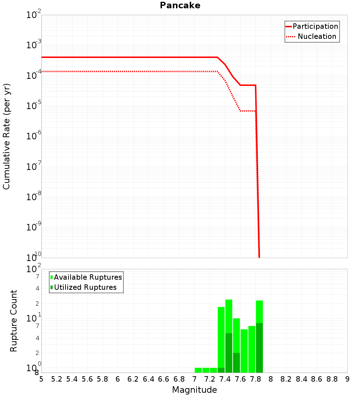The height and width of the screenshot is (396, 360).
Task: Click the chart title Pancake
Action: click(180, 5)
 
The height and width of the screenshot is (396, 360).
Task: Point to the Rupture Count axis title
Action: click(14, 320)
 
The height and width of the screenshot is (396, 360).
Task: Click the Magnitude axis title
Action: click(194, 390)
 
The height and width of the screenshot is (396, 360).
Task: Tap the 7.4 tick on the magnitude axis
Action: click(225, 379)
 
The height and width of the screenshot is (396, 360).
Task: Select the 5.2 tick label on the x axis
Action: click(57, 379)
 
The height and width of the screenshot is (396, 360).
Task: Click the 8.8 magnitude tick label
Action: click(332, 379)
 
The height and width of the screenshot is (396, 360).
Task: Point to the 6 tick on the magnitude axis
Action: click(118, 379)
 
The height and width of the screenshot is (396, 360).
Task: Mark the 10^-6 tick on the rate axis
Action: click(34, 136)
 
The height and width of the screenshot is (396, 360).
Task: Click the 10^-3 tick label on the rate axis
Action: click(34, 45)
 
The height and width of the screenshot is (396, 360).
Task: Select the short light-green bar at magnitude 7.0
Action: click(198, 370)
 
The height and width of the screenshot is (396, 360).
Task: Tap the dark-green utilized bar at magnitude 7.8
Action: click(259, 348)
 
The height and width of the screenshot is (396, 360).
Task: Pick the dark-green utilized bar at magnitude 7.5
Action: click(237, 363)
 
